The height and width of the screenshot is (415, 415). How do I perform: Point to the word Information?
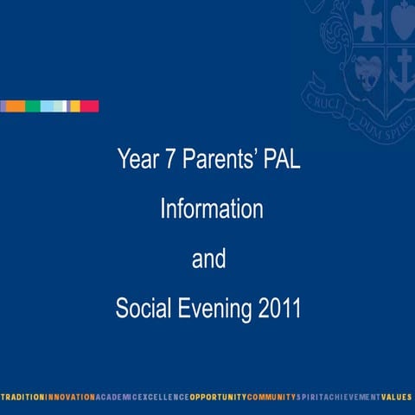[211, 209]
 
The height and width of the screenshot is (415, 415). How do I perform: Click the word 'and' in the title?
[208, 259]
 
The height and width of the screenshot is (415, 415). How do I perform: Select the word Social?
[142, 309]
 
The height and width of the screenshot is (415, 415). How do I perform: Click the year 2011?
[279, 309]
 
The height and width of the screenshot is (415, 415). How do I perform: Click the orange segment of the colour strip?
[16, 106]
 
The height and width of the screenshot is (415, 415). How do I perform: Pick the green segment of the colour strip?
[32, 106]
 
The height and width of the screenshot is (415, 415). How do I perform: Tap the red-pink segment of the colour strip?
[90, 106]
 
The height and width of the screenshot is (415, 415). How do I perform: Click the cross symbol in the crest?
[367, 19]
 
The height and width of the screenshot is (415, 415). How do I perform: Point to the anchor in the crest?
[402, 69]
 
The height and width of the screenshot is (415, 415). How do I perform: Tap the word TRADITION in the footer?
[22, 397]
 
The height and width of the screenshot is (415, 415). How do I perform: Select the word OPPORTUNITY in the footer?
[217, 397]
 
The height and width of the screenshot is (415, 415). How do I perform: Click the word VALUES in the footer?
[397, 397]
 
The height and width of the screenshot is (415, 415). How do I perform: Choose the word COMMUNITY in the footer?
[271, 397]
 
